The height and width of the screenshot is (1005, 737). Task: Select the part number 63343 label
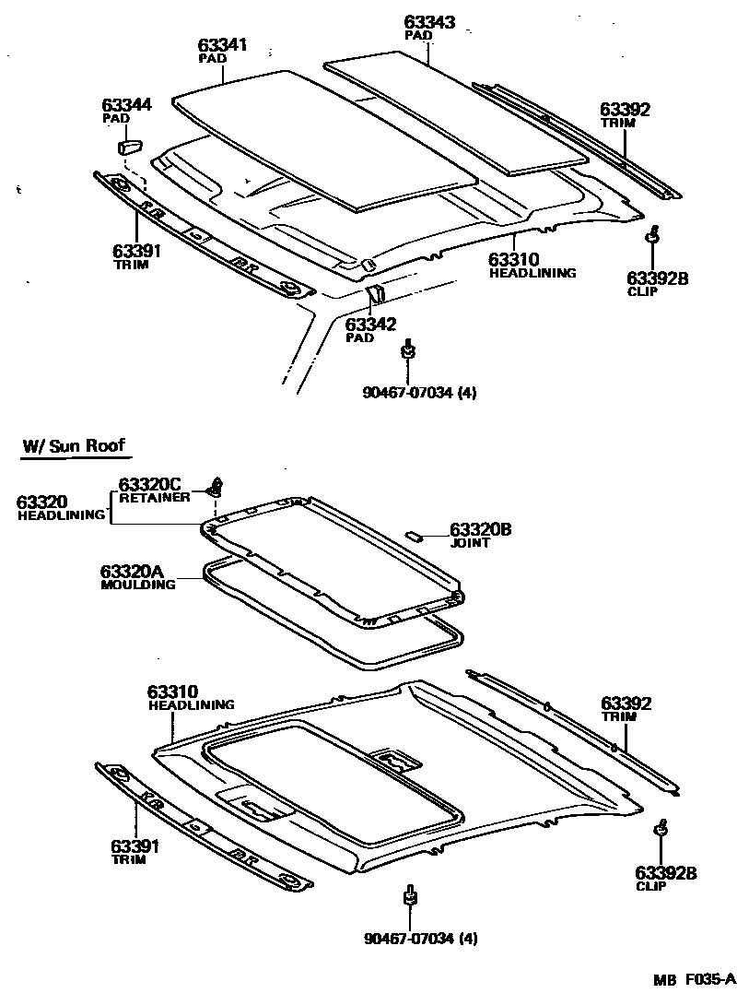(430, 21)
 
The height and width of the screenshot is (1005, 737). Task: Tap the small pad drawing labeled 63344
(129, 145)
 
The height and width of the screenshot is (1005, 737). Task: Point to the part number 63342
(370, 324)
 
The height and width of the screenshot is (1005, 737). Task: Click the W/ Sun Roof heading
(73, 447)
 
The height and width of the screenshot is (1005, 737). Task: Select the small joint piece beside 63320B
(415, 534)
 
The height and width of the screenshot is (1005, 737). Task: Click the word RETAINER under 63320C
(154, 497)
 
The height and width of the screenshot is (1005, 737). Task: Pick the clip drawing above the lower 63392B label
(661, 828)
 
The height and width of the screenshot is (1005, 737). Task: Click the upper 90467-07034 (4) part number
(420, 392)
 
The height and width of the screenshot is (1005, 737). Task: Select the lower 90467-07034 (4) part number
(420, 939)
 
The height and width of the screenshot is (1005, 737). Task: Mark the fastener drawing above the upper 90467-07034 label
(407, 349)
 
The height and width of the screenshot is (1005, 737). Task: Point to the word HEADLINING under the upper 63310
(532, 273)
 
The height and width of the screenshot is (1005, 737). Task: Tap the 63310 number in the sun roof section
(173, 692)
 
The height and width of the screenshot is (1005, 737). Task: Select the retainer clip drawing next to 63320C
(217, 485)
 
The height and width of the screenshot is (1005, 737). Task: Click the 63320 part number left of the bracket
(42, 502)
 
